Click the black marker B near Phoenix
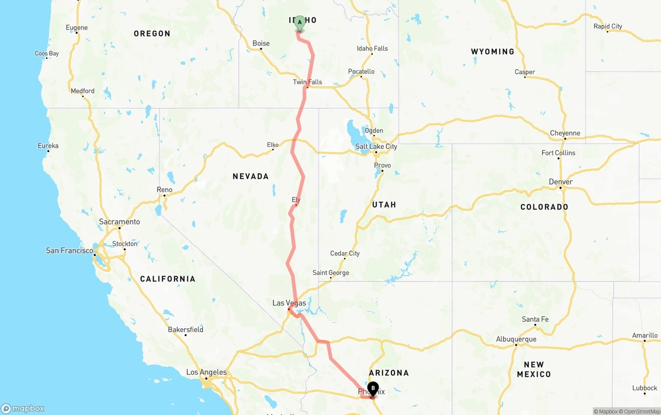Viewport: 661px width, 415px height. [x=373, y=389]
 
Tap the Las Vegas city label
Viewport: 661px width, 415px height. [x=289, y=303]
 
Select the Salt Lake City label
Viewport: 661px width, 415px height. [x=376, y=146]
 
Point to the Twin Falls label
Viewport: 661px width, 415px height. [x=307, y=82]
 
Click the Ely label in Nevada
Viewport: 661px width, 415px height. [x=296, y=199]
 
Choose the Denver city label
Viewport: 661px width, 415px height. [x=560, y=182]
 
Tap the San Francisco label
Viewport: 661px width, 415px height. [x=70, y=251]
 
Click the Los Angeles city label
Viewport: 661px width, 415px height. [x=206, y=372]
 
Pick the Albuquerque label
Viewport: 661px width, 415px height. [x=516, y=339]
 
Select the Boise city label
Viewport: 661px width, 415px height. [x=261, y=43]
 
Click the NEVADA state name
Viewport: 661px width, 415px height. [x=250, y=176]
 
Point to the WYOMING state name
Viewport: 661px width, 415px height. [x=492, y=52]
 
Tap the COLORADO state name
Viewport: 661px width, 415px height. [x=544, y=207]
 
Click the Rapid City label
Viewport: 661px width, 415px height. [x=607, y=26]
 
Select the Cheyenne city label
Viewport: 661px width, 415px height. [x=565, y=133]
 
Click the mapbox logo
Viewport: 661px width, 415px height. [x=23, y=408]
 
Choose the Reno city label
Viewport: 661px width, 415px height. [x=164, y=190]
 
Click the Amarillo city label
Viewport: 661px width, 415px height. [x=644, y=335]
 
